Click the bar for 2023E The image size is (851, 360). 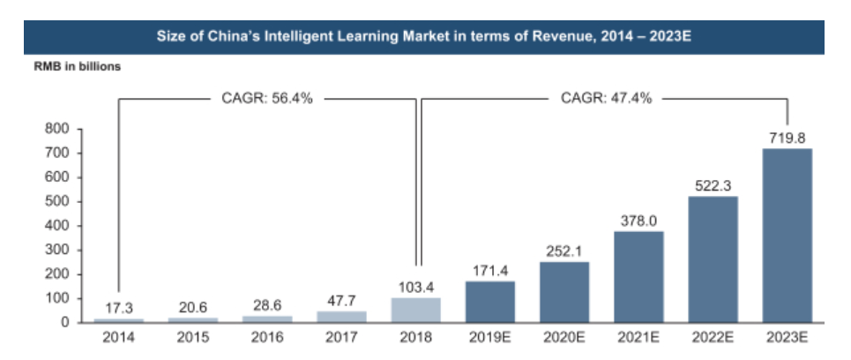tap(787, 236)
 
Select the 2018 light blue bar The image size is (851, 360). tap(415, 310)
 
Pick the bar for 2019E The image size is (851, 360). tap(490, 302)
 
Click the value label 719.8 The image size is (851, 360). tap(787, 137)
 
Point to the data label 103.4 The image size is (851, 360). tap(415, 285)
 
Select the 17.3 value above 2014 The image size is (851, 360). tap(118, 308)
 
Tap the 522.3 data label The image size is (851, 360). tap(713, 184)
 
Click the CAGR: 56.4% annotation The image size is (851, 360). tap(267, 98)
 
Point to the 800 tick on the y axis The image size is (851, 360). tap(58, 129)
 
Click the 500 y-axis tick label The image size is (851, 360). tap(58, 201)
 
